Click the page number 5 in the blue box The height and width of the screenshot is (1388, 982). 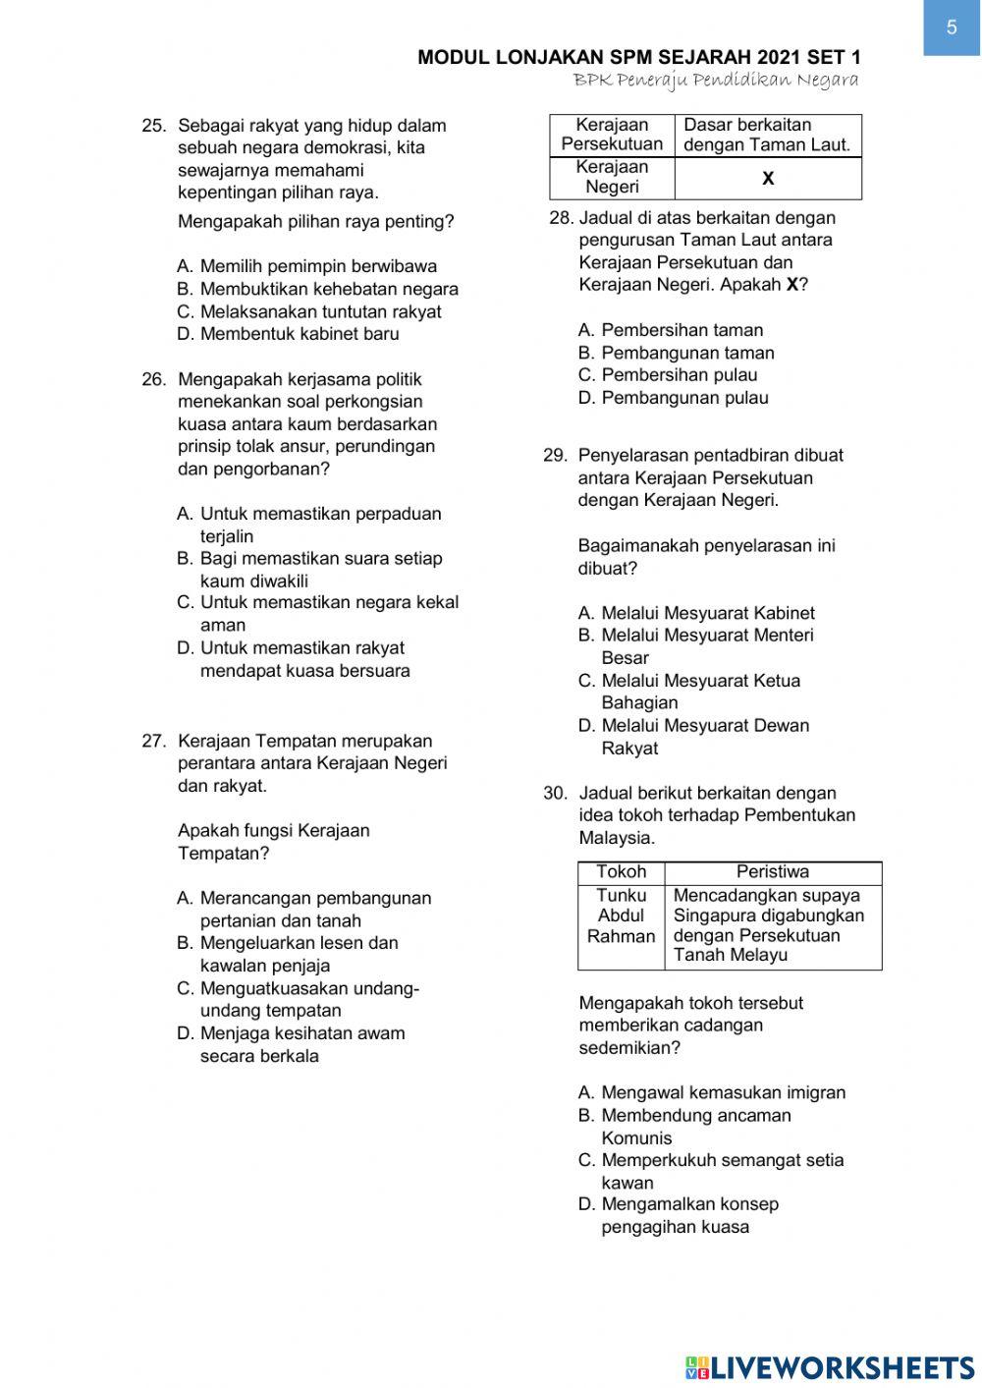coord(951,28)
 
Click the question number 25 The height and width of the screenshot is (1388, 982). coord(153,126)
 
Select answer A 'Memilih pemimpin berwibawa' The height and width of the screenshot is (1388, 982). coord(307,266)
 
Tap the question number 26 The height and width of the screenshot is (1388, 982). coord(153,379)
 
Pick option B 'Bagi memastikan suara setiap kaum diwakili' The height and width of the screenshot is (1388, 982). coord(309,570)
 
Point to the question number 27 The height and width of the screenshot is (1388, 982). coord(153,742)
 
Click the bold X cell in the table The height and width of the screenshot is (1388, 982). coord(768,178)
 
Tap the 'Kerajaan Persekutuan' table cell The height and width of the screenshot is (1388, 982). coord(612,135)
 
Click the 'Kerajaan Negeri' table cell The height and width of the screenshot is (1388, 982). coord(612,177)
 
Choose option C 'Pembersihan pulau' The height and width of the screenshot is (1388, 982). coord(668,375)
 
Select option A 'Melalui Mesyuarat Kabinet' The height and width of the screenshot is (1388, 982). coord(696,613)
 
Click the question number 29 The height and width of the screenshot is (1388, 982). coord(555,456)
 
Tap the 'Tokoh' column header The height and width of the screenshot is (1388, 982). coord(621,872)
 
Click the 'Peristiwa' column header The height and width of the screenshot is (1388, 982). coord(773,872)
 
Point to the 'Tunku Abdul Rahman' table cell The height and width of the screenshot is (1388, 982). coord(621,916)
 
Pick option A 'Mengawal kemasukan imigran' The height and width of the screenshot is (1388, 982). coord(711,1092)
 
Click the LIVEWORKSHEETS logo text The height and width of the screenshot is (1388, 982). coord(830,1367)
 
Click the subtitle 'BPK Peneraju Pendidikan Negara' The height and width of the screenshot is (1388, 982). coord(716,80)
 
